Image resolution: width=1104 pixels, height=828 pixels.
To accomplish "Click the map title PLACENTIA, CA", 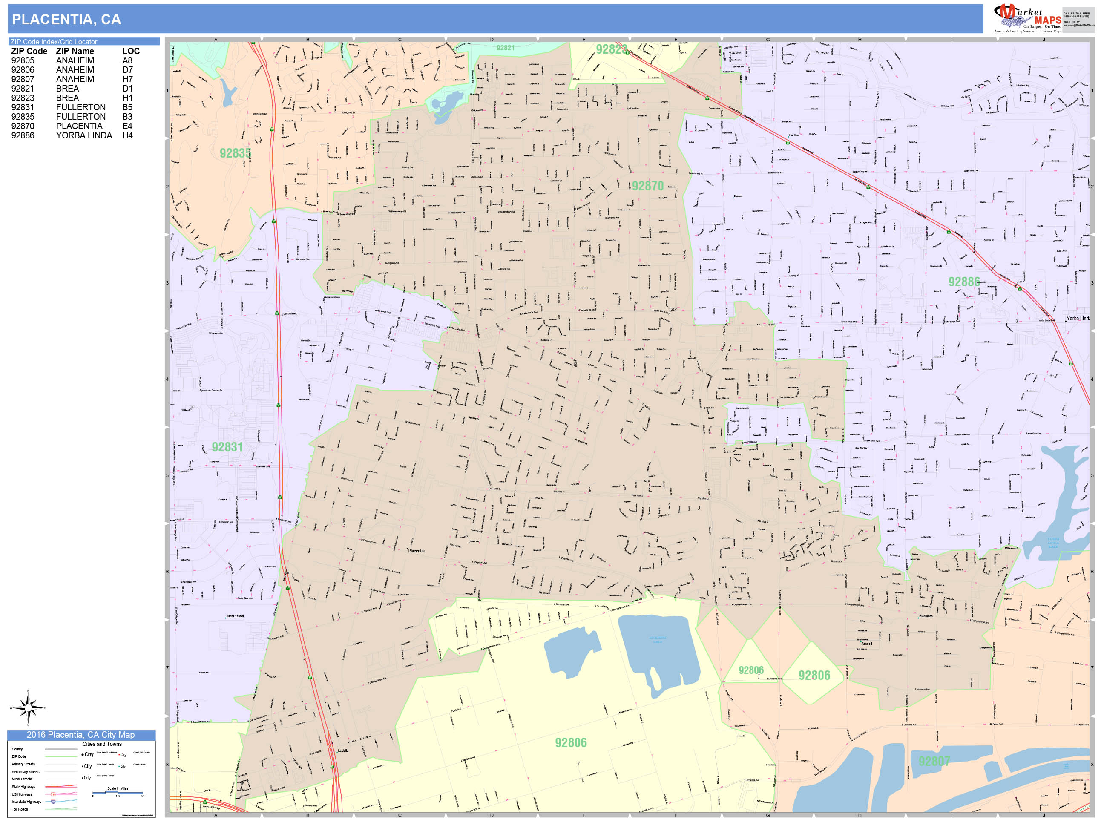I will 66,20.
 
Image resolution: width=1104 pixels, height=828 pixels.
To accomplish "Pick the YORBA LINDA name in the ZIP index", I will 84,136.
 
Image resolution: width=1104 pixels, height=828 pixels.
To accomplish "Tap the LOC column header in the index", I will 131,52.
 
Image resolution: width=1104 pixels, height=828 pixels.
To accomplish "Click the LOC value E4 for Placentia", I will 127,126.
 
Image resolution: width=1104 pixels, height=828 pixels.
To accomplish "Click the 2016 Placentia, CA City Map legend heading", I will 81,735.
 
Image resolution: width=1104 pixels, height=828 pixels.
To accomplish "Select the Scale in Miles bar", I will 118,792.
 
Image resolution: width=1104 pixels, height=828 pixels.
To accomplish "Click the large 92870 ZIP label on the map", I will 648,186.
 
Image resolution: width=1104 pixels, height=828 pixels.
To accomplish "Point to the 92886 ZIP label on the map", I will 964,282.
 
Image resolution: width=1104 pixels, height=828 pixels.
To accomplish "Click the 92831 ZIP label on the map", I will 227,447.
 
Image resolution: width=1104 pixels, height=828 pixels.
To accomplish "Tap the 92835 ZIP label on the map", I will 235,153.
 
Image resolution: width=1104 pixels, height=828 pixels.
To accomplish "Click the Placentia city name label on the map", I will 416,551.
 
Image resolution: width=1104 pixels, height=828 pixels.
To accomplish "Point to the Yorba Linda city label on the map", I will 1078,319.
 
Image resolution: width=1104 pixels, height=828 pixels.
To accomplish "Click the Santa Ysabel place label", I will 235,616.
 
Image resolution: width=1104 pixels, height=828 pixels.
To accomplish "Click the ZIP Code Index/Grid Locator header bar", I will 83,42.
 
